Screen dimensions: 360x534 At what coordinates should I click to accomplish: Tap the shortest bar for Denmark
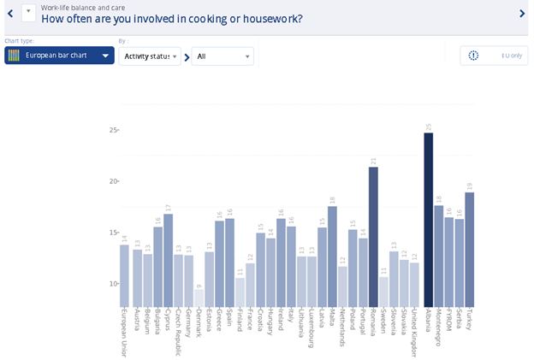tap(199, 298)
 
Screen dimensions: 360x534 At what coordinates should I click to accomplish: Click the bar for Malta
tap(332, 257)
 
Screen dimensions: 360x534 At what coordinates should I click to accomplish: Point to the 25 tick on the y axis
tap(113, 130)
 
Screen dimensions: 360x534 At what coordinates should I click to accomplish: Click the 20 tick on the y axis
tap(113, 181)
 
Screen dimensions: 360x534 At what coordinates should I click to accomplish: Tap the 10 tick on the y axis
tap(113, 284)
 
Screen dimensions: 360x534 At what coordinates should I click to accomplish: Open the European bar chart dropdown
tap(59, 56)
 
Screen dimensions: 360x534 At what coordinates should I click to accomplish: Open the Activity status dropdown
tap(149, 56)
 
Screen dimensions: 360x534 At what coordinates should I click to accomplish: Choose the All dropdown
tap(222, 56)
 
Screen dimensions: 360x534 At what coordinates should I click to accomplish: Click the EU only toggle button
tap(495, 56)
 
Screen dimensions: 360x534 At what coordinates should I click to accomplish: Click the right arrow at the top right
tap(522, 13)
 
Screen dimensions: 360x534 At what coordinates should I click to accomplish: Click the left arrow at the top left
tap(9, 13)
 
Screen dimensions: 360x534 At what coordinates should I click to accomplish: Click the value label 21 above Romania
tap(373, 160)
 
